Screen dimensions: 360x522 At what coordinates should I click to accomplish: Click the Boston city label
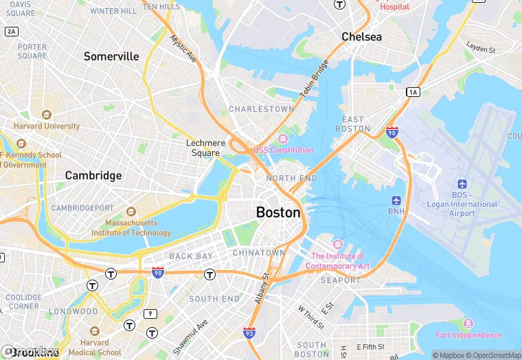pyautogui.click(x=278, y=212)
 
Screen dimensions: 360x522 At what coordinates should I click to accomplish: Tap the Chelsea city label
pyautogui.click(x=361, y=36)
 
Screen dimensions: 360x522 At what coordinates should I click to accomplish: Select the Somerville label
pyautogui.click(x=111, y=56)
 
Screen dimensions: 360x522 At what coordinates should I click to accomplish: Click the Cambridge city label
pyautogui.click(x=93, y=175)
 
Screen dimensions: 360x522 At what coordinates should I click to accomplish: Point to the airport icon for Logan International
pyautogui.click(x=462, y=184)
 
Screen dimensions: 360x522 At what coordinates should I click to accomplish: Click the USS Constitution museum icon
pyautogui.click(x=283, y=139)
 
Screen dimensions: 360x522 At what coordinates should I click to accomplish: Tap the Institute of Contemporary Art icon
pyautogui.click(x=337, y=245)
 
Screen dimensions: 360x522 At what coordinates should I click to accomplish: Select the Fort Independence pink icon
pyautogui.click(x=468, y=324)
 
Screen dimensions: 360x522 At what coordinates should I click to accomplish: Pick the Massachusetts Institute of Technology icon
pyautogui.click(x=131, y=212)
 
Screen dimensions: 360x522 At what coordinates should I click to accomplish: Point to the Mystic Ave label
pyautogui.click(x=183, y=49)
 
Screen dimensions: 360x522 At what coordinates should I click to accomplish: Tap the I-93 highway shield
pyautogui.click(x=250, y=333)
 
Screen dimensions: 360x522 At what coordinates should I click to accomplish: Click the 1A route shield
pyautogui.click(x=412, y=92)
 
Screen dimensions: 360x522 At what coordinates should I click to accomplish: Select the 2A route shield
pyautogui.click(x=11, y=32)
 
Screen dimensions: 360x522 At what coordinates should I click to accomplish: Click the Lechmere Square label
pyautogui.click(x=206, y=148)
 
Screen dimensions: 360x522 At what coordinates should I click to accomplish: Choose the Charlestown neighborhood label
pyautogui.click(x=261, y=109)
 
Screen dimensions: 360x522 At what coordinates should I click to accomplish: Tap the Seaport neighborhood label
pyautogui.click(x=341, y=280)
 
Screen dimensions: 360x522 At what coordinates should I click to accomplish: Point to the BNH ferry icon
pyautogui.click(x=396, y=201)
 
